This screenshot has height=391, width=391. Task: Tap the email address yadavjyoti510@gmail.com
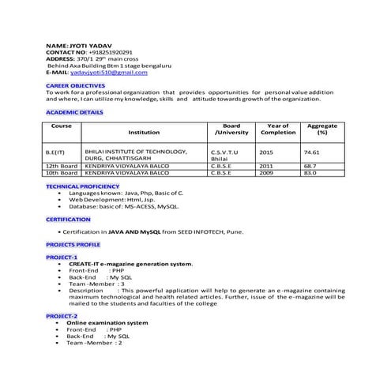coord(110,72)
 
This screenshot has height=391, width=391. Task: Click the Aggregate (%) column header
coord(322,130)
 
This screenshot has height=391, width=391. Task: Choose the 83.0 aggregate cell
coord(310,173)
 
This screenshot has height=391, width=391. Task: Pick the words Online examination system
coord(107,322)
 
